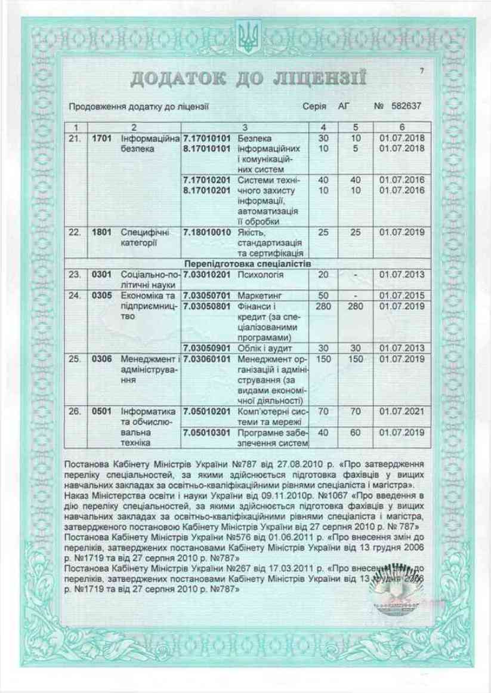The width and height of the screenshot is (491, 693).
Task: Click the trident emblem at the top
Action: [x=245, y=37]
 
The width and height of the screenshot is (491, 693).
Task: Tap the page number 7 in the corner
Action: [x=421, y=72]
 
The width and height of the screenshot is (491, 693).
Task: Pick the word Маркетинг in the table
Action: [x=260, y=295]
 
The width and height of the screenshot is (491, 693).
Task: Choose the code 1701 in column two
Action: [x=103, y=138]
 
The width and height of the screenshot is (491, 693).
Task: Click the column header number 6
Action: [x=402, y=127]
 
